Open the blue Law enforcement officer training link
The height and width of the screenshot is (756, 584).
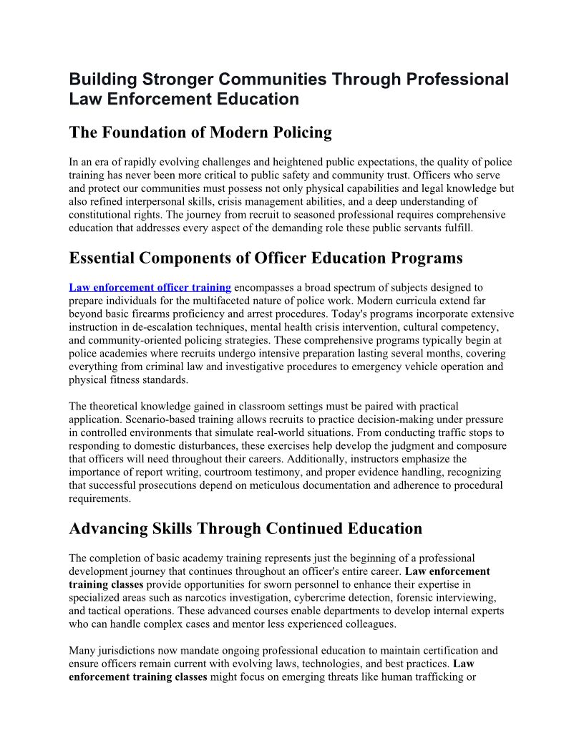point(150,288)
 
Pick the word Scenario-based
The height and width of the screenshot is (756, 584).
point(159,420)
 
